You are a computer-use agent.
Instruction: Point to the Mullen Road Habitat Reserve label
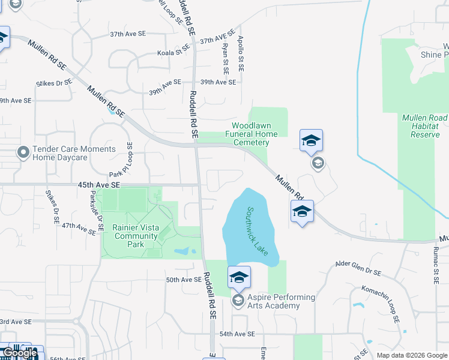pos(425,126)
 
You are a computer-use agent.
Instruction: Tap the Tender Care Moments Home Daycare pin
pos(23,152)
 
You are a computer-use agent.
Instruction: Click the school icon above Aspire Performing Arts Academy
pos(239,277)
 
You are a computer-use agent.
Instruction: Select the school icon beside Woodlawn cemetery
pos(311,140)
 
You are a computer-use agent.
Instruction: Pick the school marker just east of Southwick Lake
pos(302,212)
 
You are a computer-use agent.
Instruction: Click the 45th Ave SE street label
pos(99,186)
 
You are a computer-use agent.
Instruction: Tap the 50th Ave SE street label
pos(184,280)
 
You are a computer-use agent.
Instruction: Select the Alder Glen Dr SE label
pos(358,268)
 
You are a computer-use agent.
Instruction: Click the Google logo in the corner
pos(19,353)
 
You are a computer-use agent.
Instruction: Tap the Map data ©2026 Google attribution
pos(411,355)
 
